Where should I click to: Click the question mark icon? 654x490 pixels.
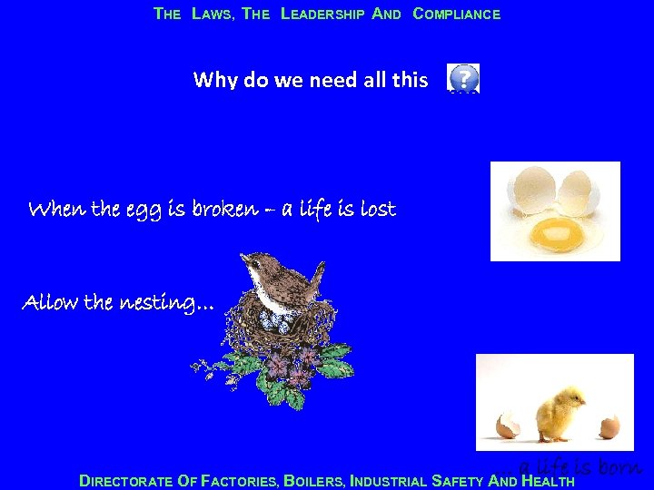pos(463,78)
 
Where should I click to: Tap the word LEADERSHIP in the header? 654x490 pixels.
pos(322,15)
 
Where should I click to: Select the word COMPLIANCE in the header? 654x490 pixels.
pos(456,15)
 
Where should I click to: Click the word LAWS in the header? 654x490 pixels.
pos(213,15)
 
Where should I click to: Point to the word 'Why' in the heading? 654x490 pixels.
pos(215,80)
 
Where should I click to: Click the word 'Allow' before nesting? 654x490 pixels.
pos(51,301)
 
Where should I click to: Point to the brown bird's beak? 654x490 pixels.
pos(243,260)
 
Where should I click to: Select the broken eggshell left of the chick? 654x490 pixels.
pos(507,425)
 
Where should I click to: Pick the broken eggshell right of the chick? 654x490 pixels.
pos(609,426)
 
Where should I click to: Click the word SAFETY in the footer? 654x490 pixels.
pos(459,481)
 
